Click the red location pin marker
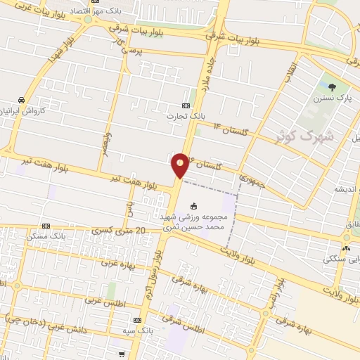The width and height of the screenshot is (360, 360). click(181, 166)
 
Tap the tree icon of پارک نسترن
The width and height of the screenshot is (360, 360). click(331, 87)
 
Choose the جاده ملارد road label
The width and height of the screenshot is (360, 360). click(213, 71)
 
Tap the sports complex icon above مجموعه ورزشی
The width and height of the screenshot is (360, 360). click(194, 207)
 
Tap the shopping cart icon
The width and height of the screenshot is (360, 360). click(123, 354)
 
